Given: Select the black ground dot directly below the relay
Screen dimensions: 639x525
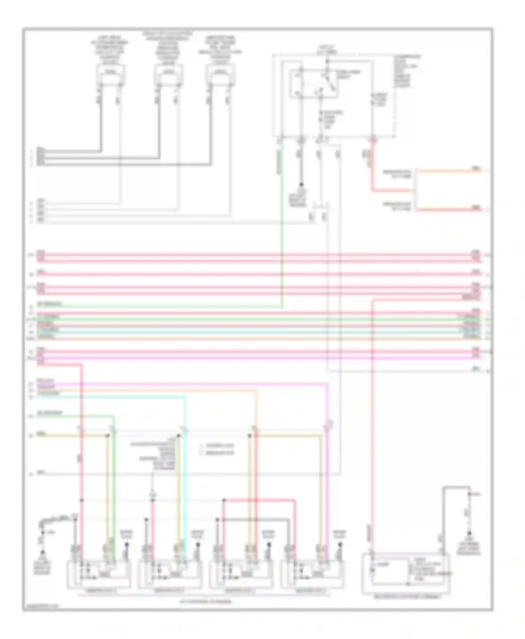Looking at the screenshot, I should tap(301, 184).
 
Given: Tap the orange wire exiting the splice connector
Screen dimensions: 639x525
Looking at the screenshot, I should tap(448, 171).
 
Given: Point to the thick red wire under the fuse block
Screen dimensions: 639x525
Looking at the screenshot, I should tap(372, 168).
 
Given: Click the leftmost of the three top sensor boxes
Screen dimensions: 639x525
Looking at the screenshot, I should tap(111, 74).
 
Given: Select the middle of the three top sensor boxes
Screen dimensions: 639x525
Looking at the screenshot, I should tap(169, 74).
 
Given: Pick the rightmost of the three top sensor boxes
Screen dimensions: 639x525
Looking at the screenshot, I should tap(220, 74).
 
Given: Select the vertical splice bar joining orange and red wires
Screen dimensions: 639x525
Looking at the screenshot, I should tap(415, 191).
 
